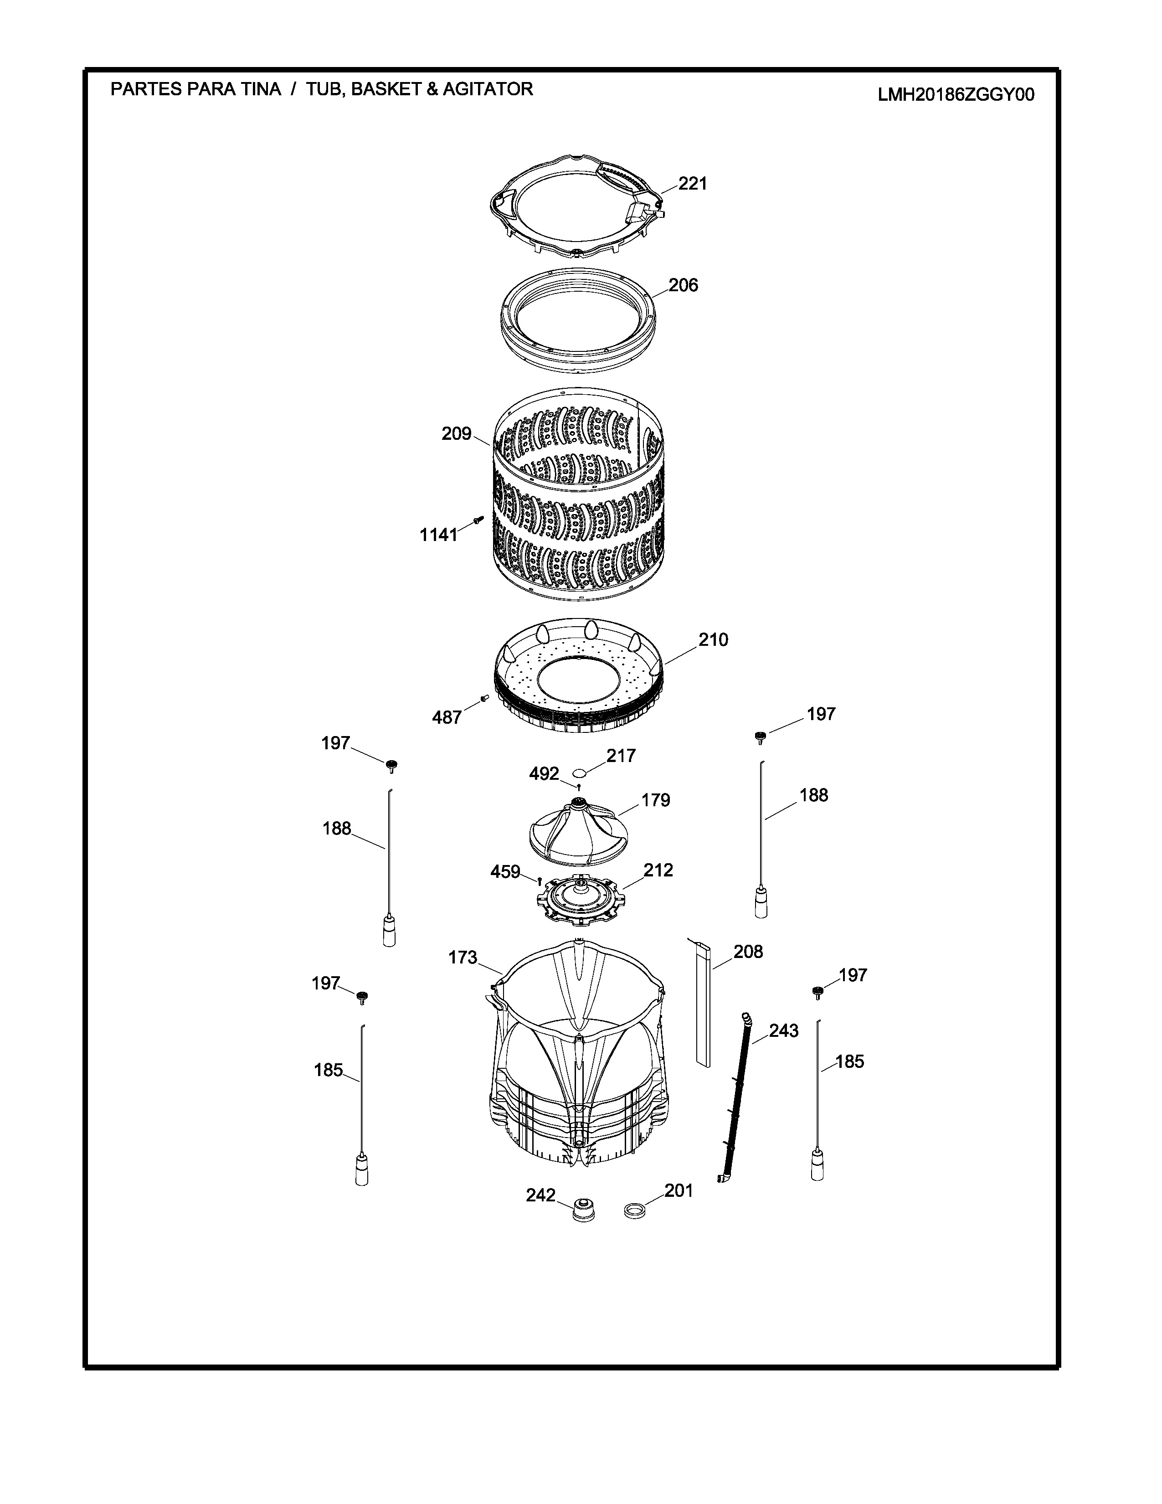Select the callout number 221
tap(693, 183)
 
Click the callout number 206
tap(683, 285)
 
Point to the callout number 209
tap(457, 434)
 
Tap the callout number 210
tap(713, 640)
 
